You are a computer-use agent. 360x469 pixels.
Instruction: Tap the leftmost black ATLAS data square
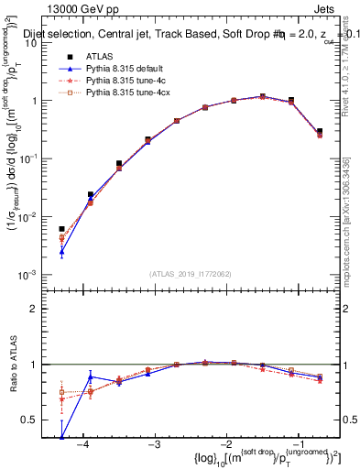click(61, 229)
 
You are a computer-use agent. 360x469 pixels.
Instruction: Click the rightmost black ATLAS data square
click(319, 132)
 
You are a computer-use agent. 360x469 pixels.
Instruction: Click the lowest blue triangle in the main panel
click(61, 250)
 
